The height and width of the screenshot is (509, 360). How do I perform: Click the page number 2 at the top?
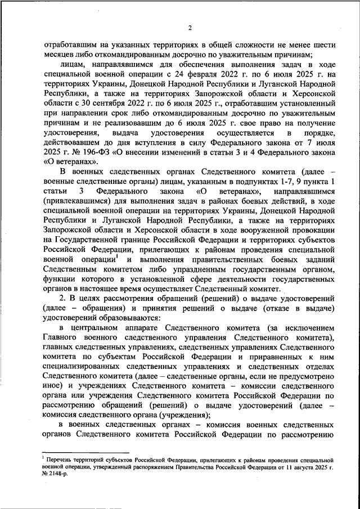coord(190,28)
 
